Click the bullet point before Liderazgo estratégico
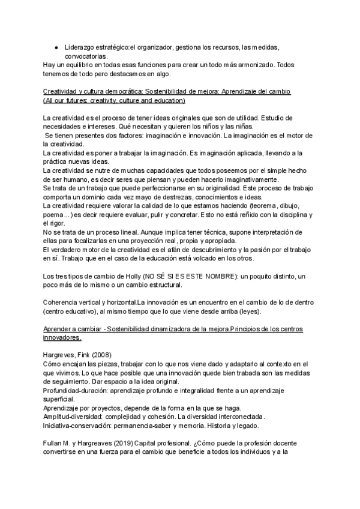[56, 47]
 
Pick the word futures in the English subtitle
[77, 100]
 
